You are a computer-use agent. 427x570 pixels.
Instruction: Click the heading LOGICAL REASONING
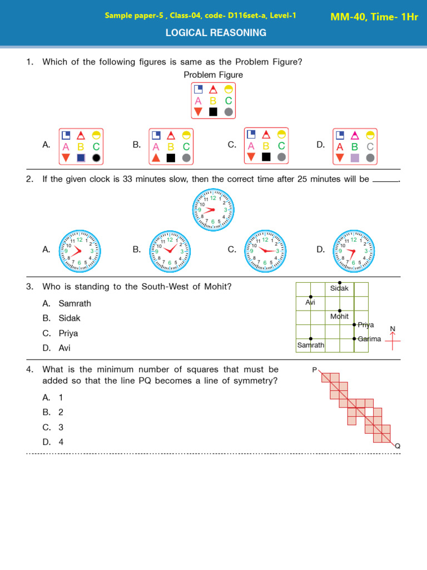pos(216,33)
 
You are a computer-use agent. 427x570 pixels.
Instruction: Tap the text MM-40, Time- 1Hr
pos(374,17)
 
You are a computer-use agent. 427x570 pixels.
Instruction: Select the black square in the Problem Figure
pos(213,112)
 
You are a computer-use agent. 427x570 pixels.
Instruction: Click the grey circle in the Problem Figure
pos(228,112)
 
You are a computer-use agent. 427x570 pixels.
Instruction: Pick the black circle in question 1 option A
pos(96,158)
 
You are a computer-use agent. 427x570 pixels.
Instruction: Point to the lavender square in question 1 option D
pos(355,158)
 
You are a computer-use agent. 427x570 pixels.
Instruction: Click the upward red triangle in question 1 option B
pos(156,158)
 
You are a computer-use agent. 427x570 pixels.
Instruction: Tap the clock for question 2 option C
pos(265,250)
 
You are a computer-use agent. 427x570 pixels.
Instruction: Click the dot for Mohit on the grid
pos(340,311)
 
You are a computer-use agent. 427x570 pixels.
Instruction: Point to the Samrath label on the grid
pos(310,346)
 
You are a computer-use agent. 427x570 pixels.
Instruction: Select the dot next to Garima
pos(354,338)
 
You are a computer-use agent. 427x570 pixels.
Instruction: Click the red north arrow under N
pos(393,341)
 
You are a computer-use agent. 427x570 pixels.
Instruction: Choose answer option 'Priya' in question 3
pos(68,333)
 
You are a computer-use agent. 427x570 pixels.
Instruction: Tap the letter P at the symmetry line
pos(314,370)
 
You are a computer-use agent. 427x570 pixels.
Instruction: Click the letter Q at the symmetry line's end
pos(398,446)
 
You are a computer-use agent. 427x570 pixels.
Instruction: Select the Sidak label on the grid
pos(339,288)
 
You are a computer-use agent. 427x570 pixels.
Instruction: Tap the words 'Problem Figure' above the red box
pos(213,75)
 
